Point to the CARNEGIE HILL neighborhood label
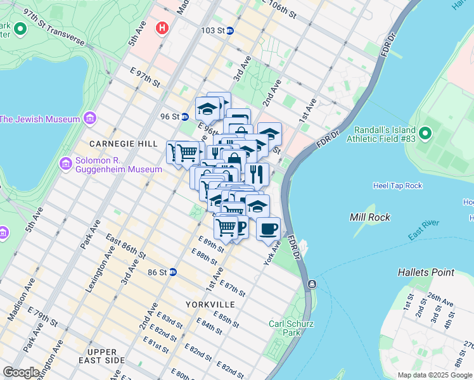pos(123,144)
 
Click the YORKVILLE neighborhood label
pos(210,305)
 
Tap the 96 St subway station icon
pos(184,117)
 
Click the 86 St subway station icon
pos(172,272)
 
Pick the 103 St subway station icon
pos(229,30)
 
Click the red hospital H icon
pos(163,28)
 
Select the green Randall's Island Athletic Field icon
pos(425,134)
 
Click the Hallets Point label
pos(426,272)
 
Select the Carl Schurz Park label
pos(292,327)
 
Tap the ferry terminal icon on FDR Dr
pos(312,284)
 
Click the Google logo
pos(21,372)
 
